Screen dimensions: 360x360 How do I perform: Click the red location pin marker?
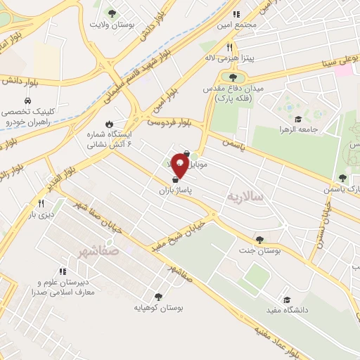(x=180, y=167)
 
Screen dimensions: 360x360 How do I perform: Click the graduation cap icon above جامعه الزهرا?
(x=297, y=119)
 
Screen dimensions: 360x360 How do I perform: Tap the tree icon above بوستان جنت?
(x=260, y=240)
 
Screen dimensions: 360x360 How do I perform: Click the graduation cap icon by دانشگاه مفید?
(x=286, y=300)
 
